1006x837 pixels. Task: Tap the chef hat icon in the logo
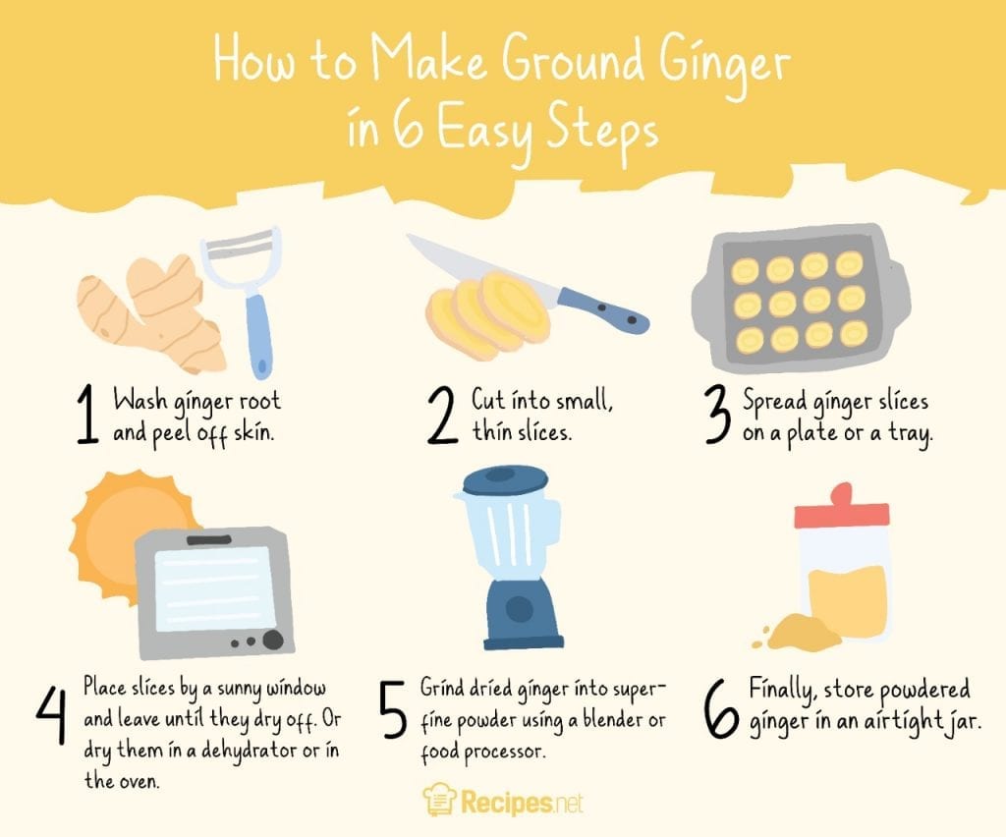point(438,801)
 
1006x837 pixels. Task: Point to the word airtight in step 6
point(880,725)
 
